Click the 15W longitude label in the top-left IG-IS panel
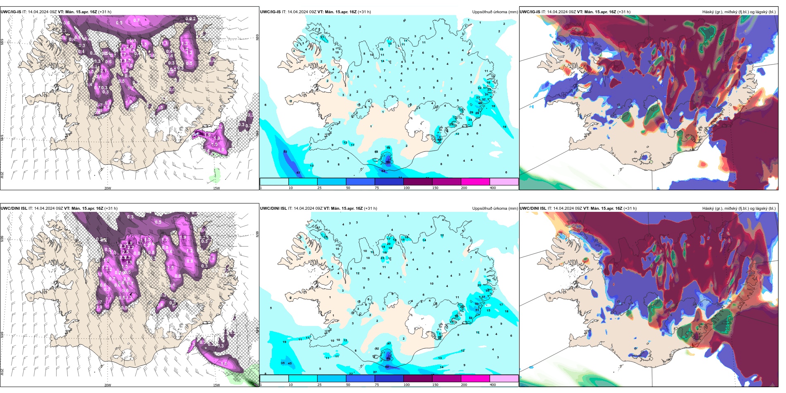pos(216,188)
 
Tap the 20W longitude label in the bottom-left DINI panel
pos(108,385)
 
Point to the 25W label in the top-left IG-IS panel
pos(2,175)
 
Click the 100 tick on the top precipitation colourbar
pos(407,188)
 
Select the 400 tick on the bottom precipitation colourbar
pos(493,385)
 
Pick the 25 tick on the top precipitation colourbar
pos(319,188)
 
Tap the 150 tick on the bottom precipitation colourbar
pos(435,385)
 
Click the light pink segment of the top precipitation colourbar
pos(504,182)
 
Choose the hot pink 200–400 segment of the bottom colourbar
pos(475,379)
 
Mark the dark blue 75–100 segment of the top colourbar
pos(389,182)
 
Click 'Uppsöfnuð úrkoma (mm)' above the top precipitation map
pos(495,12)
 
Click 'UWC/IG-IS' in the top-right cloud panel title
pos(530,12)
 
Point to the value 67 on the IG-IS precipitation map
pos(298,173)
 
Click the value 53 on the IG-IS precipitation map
pos(285,152)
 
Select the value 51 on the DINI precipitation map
pos(477,310)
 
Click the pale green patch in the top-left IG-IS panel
pos(215,175)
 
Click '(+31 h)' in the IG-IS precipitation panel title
pos(364,12)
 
